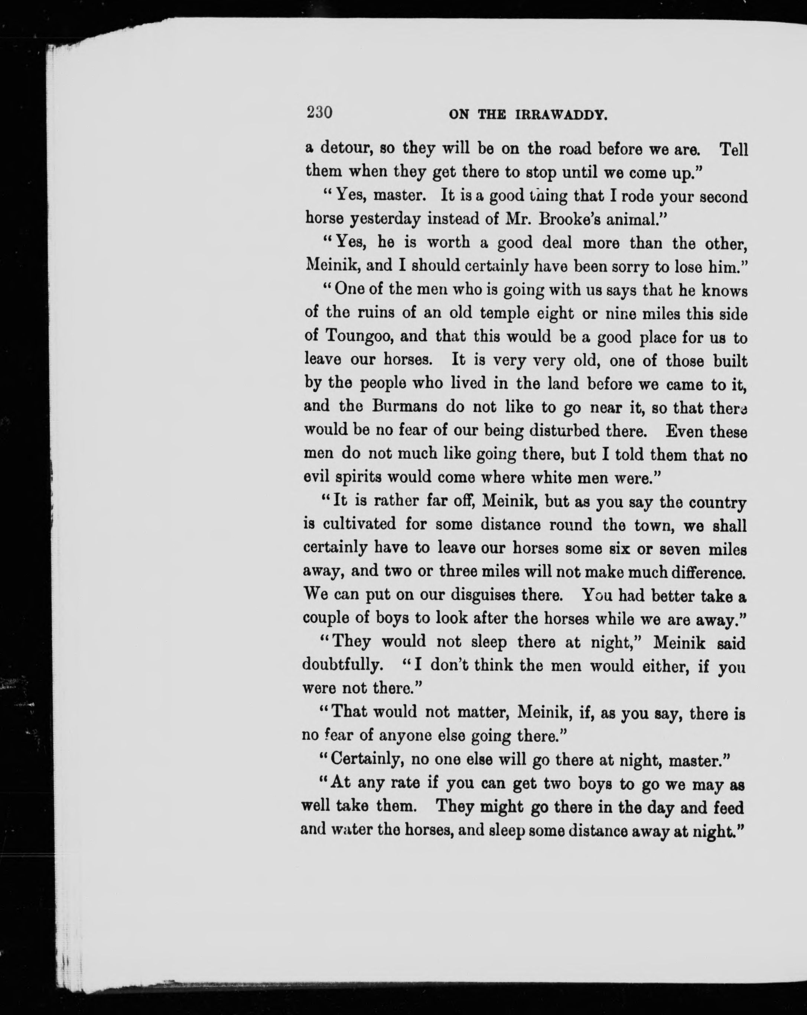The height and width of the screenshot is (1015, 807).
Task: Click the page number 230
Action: point(319,113)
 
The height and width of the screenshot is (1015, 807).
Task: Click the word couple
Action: point(325,618)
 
